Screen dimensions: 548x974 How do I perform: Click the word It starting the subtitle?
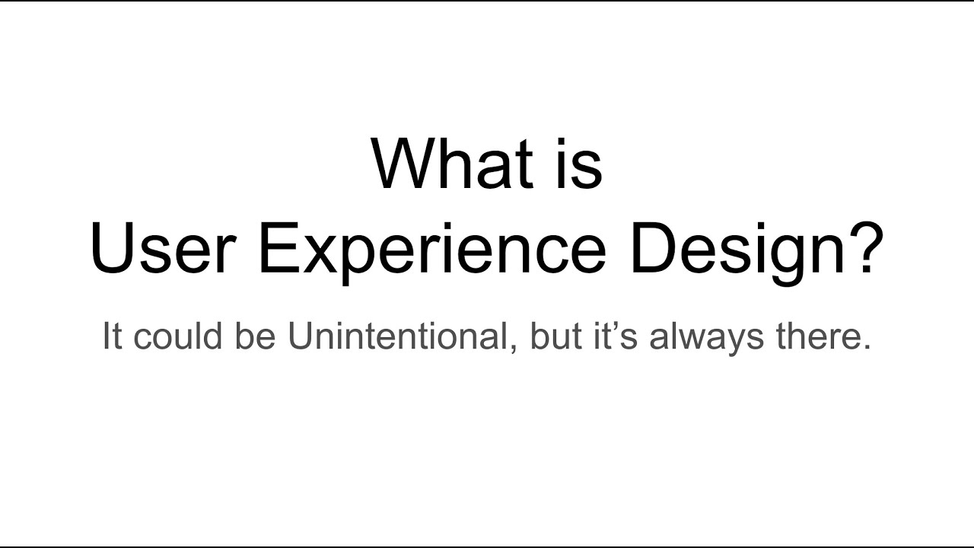[112, 337]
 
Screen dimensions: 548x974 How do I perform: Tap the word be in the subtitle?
[257, 337]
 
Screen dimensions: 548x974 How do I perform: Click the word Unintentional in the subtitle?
[396, 337]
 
